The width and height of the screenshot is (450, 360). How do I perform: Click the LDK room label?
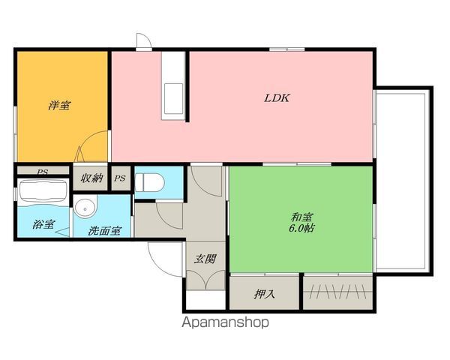(276, 97)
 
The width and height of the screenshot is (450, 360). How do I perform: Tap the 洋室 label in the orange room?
(59, 106)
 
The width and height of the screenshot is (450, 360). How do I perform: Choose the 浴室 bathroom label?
(43, 223)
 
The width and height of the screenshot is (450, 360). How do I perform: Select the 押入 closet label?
(265, 293)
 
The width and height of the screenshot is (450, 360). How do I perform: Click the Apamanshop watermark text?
(225, 323)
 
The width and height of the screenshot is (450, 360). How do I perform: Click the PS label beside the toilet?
(120, 178)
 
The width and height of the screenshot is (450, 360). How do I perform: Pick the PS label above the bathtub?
(43, 172)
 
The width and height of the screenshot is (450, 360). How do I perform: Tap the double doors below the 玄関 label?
(205, 280)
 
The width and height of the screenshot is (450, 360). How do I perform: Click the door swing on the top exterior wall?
(142, 42)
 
